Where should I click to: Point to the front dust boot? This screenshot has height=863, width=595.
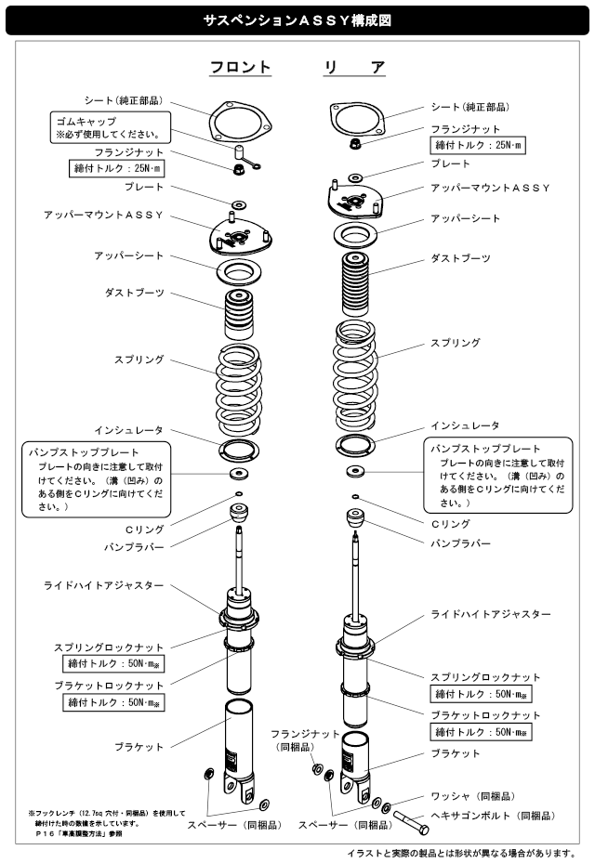click(240, 315)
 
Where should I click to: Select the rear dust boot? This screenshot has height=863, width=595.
click(356, 281)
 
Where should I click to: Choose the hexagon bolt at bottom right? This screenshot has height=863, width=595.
click(413, 821)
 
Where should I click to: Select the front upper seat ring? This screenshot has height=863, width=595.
click(239, 272)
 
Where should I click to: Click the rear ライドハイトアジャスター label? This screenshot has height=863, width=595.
click(492, 615)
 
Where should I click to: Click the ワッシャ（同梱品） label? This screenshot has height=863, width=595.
click(474, 796)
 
